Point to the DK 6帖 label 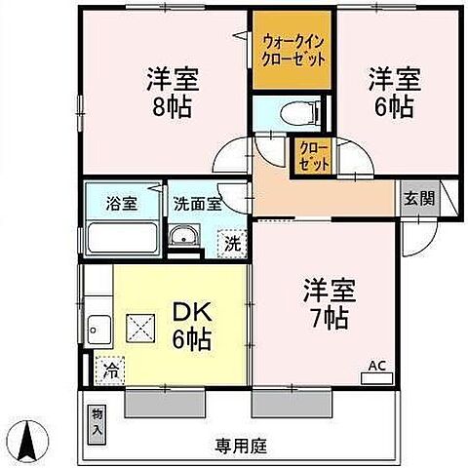click(x=192, y=327)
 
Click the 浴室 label click(x=121, y=205)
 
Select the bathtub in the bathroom click(x=121, y=238)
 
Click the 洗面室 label click(x=198, y=205)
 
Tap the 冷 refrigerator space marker click(x=110, y=371)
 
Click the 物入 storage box click(x=97, y=421)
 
